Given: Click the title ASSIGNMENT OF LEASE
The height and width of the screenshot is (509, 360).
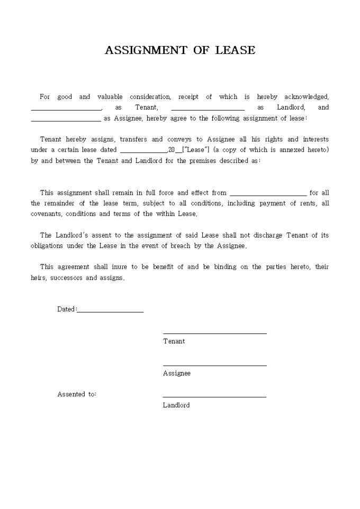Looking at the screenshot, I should (180, 50).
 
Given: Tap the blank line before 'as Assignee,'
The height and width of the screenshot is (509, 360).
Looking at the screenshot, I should (66, 121).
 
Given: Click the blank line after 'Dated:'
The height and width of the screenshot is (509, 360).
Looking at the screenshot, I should (110, 312).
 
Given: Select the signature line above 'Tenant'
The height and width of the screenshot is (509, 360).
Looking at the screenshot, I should (214, 333).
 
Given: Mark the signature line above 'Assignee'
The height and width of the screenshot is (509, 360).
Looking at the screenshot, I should (214, 365).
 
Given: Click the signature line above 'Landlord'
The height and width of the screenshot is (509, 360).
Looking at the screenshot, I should (214, 397).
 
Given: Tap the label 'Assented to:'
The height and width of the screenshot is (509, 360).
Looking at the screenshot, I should (77, 394).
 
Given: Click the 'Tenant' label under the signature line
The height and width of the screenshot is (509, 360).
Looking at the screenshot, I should (174, 341).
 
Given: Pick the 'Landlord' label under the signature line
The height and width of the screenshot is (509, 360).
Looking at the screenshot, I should (176, 405).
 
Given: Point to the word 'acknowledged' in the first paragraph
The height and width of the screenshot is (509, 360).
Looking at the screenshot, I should (307, 97).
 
